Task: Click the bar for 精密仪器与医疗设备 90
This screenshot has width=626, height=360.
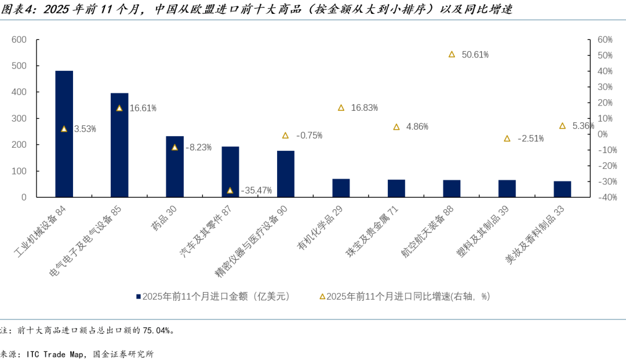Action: [286, 174]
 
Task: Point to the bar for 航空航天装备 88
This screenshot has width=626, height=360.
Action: [452, 188]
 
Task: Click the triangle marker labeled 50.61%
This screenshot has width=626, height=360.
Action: [452, 54]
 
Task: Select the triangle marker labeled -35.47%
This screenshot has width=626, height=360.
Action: [230, 190]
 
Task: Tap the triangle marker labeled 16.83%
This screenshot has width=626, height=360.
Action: [341, 108]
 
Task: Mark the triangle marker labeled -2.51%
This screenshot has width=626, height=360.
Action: [507, 139]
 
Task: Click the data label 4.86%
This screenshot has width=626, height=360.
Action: [417, 127]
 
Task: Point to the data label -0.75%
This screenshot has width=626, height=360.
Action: [309, 136]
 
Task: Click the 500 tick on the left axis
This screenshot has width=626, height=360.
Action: [20, 66]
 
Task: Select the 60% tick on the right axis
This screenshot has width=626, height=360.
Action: [605, 40]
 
